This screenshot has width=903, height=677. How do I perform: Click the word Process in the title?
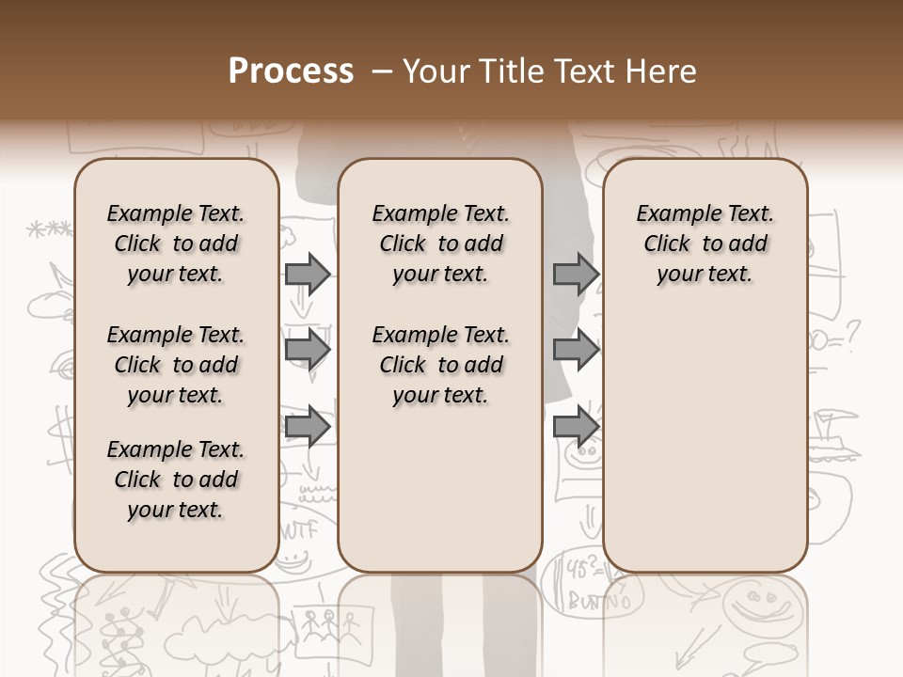pyautogui.click(x=291, y=71)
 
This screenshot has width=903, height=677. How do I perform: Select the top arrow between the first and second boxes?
pyautogui.click(x=308, y=274)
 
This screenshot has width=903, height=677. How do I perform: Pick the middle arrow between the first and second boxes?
pyautogui.click(x=308, y=350)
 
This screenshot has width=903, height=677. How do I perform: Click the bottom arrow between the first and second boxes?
pyautogui.click(x=308, y=427)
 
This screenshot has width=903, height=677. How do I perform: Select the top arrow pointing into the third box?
pyautogui.click(x=576, y=274)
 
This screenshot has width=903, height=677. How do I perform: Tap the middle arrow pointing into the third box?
pyautogui.click(x=576, y=350)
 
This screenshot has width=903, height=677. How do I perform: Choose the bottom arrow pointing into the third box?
pyautogui.click(x=576, y=425)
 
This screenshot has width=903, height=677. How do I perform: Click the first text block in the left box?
pyautogui.click(x=176, y=244)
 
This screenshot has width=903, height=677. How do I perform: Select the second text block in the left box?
pyautogui.click(x=176, y=365)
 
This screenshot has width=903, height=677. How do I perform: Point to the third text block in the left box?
pyautogui.click(x=176, y=480)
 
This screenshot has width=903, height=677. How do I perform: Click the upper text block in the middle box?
pyautogui.click(x=440, y=244)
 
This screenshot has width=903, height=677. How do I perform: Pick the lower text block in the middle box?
pyautogui.click(x=440, y=365)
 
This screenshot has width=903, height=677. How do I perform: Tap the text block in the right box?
pyautogui.click(x=705, y=244)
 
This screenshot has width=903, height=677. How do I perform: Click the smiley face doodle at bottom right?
pyautogui.click(x=757, y=606)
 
